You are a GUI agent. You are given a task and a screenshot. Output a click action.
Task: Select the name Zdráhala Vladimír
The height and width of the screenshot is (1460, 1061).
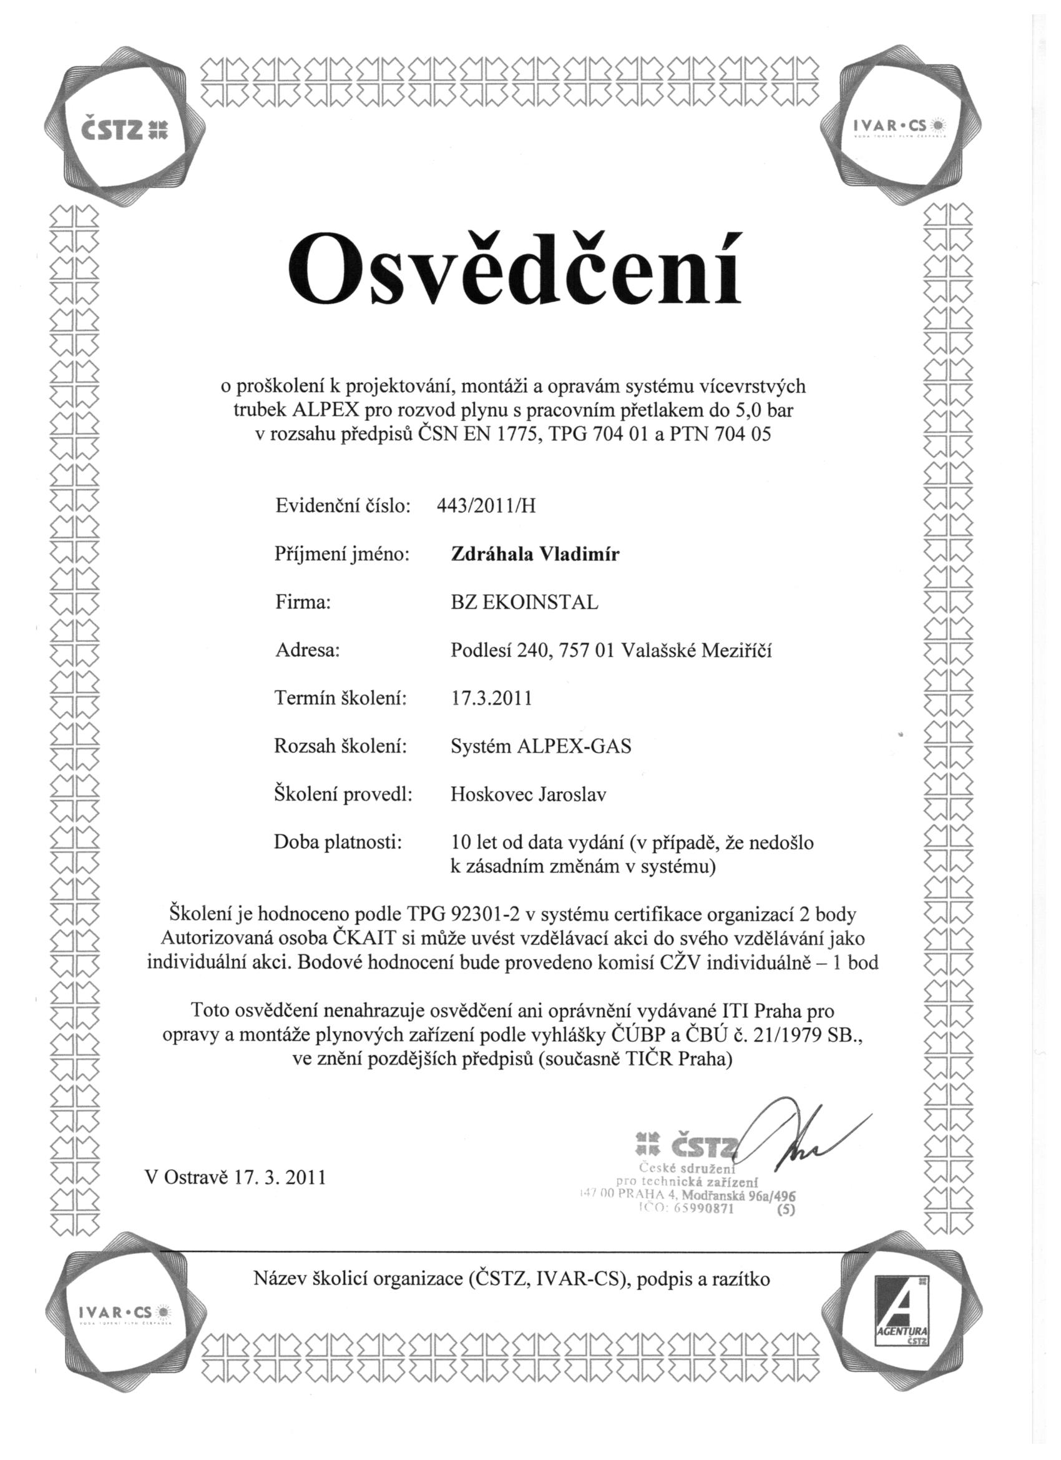pyautogui.click(x=535, y=555)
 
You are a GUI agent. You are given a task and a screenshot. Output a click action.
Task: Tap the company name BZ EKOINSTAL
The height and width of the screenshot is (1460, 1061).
pyautogui.click(x=524, y=603)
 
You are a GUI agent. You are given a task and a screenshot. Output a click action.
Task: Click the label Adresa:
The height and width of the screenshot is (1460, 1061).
pyautogui.click(x=307, y=651)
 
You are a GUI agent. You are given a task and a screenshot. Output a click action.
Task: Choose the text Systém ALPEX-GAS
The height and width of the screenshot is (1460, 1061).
pyautogui.click(x=540, y=747)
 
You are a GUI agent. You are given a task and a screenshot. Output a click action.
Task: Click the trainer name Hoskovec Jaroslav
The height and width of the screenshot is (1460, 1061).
pyautogui.click(x=528, y=795)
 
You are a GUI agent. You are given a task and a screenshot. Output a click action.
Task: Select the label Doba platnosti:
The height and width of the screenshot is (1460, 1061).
pyautogui.click(x=338, y=842)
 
